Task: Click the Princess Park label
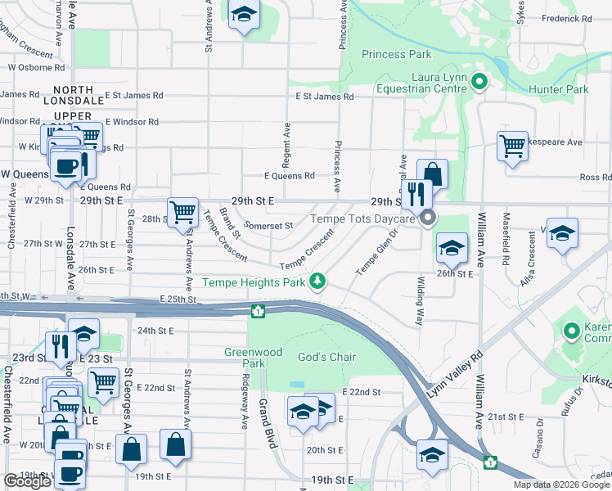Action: pyautogui.click(x=396, y=55)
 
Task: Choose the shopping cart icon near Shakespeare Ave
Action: pyautogui.click(x=512, y=146)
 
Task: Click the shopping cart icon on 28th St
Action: pyautogui.click(x=182, y=212)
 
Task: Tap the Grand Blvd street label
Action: pyautogui.click(x=265, y=424)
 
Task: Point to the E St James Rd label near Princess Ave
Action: pyautogui.click(x=324, y=97)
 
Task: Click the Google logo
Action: pyautogui.click(x=27, y=481)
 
